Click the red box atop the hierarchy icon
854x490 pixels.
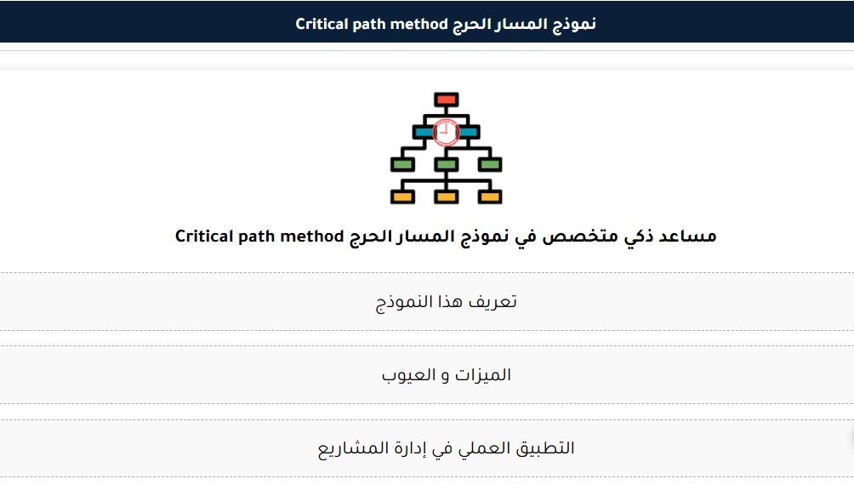pyautogui.click(x=446, y=100)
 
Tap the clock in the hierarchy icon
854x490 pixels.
pyautogui.click(x=446, y=133)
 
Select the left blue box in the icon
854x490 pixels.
pyautogui.click(x=424, y=132)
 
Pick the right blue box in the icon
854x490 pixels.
pyautogui.click(x=469, y=132)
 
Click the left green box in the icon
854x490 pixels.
pyautogui.click(x=402, y=164)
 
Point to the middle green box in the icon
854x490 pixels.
pyautogui.click(x=446, y=164)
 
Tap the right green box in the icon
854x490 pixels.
pyautogui.click(x=490, y=164)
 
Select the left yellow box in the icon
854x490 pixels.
pyautogui.click(x=402, y=197)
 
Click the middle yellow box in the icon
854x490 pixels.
pyautogui.click(x=446, y=197)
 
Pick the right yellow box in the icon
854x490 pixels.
pyautogui.click(x=490, y=197)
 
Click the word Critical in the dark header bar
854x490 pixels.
pyautogui.click(x=322, y=24)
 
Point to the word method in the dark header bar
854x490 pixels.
pyautogui.click(x=419, y=24)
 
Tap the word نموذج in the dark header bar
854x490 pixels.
pyautogui.click(x=575, y=25)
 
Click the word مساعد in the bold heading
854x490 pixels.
pyautogui.click(x=687, y=236)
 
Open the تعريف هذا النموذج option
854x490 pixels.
pyautogui.click(x=446, y=302)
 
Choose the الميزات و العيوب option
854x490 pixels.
pyautogui.click(x=446, y=374)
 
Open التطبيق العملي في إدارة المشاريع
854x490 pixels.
pyautogui.click(x=446, y=448)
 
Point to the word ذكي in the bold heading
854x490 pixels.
pyautogui.click(x=638, y=236)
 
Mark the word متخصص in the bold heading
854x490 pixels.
pyautogui.click(x=580, y=236)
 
